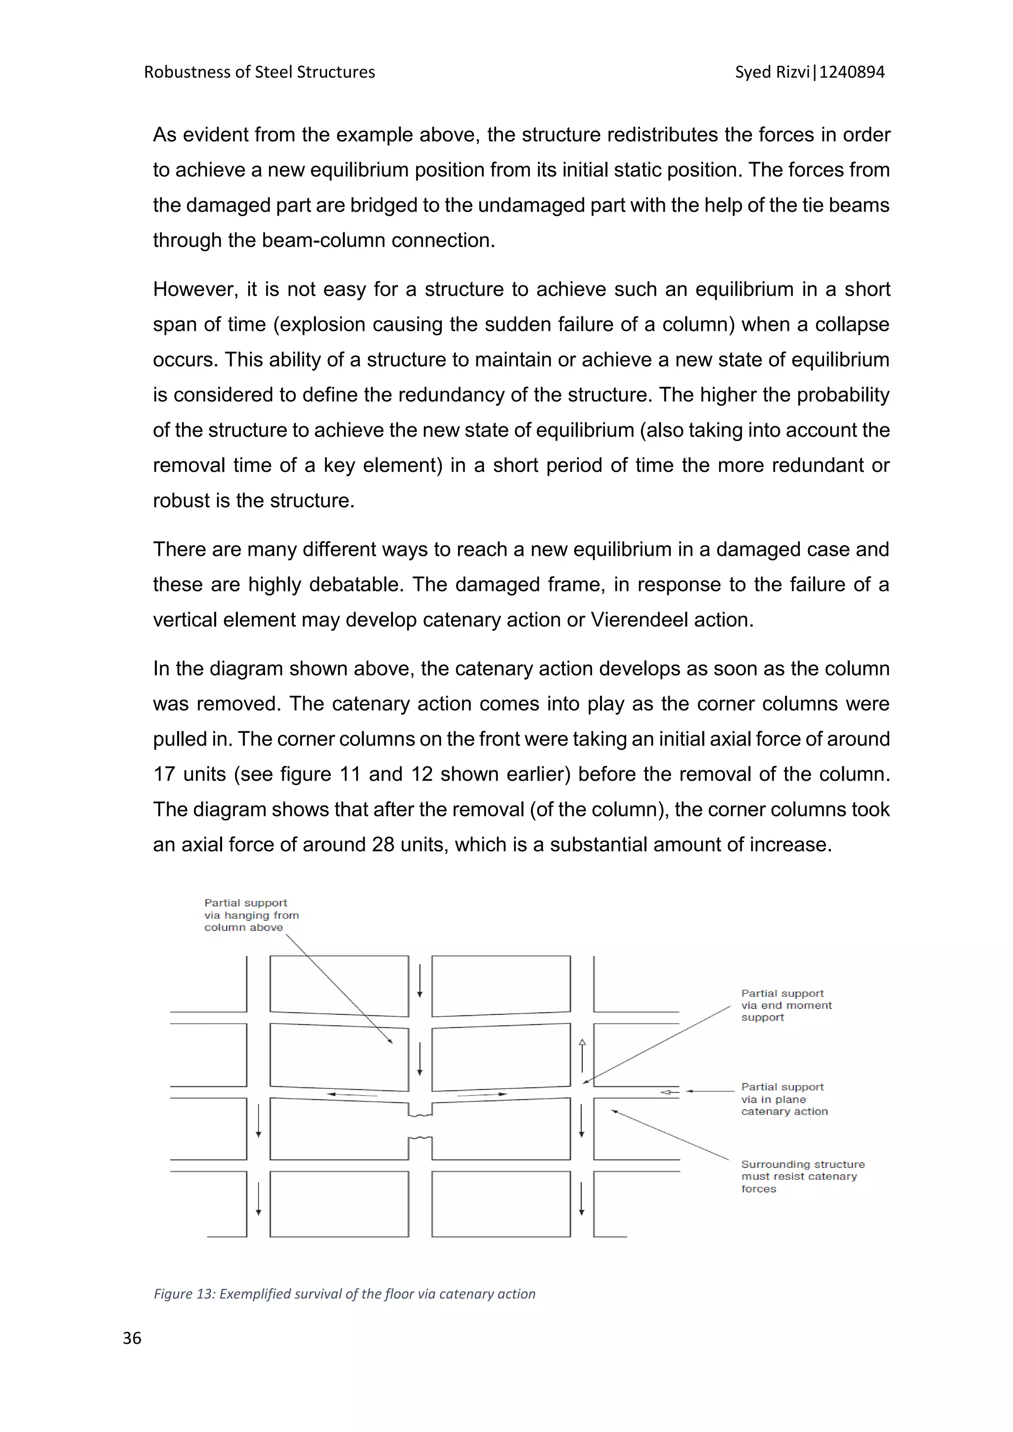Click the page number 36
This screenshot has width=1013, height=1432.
pyautogui.click(x=132, y=1338)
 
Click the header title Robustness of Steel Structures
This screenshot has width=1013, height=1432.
pyautogui.click(x=260, y=72)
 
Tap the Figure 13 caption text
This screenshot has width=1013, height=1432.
pyautogui.click(x=344, y=1294)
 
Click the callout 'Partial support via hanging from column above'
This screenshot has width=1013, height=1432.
pyautogui.click(x=251, y=915)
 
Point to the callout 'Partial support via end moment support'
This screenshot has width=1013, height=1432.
pyautogui.click(x=786, y=1005)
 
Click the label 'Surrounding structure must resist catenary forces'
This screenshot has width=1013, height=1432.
pyautogui.click(x=802, y=1176)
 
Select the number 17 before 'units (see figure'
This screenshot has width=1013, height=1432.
pyautogui.click(x=165, y=774)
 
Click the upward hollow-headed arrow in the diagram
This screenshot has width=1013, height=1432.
pyautogui.click(x=582, y=1055)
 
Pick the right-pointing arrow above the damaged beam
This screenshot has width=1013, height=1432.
pyautogui.click(x=482, y=1094)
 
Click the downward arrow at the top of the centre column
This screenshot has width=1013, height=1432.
pyautogui.click(x=420, y=981)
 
